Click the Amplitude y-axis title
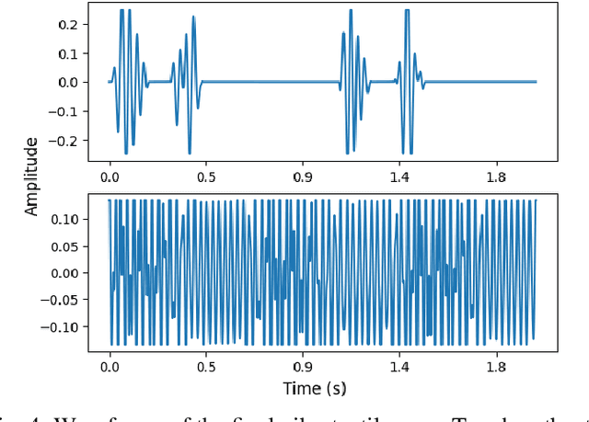(x=33, y=177)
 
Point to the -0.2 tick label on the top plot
(x=64, y=141)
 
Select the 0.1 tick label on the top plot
(x=68, y=52)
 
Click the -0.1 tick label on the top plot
(x=64, y=111)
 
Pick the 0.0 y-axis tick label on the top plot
(x=68, y=82)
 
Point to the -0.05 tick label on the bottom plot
(x=61, y=301)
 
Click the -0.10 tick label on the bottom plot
(x=61, y=326)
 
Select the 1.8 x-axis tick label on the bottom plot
(x=496, y=365)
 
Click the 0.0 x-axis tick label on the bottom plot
(x=109, y=365)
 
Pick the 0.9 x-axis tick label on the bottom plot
(x=302, y=365)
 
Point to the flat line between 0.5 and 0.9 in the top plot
(x=267, y=82)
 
